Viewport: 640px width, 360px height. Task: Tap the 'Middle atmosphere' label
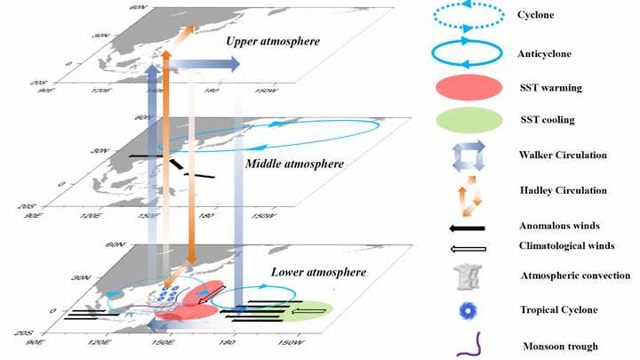click(285, 164)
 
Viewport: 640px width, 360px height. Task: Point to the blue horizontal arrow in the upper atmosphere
click(204, 64)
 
